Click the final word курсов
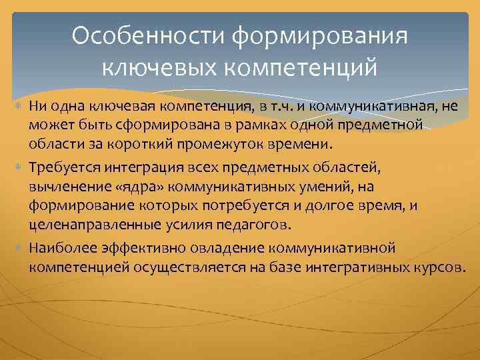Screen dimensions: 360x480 [x=444, y=267]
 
